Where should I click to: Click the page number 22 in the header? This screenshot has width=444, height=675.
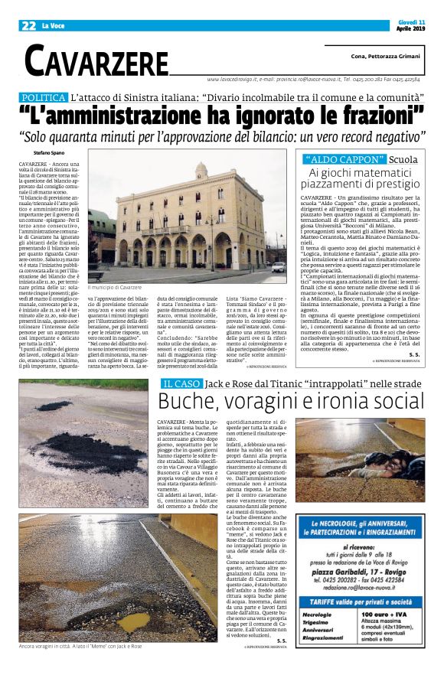point(29,26)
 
